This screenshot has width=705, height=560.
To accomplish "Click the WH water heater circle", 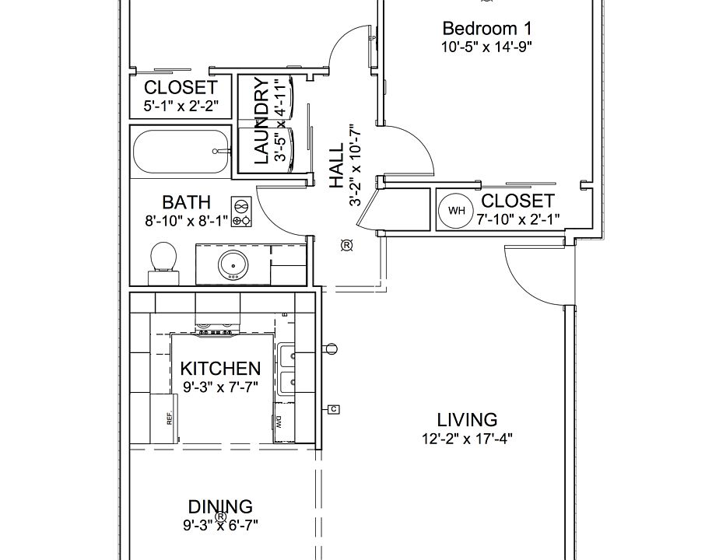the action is click(456, 210).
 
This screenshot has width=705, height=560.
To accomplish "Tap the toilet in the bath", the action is click(163, 264).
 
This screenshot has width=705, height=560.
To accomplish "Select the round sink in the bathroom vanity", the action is click(233, 265).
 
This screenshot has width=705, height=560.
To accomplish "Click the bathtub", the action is click(181, 152).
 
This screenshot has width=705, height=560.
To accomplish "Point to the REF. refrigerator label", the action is click(170, 418).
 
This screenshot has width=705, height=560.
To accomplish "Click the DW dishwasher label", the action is click(279, 422).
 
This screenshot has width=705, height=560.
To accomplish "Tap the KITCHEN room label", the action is click(220, 369).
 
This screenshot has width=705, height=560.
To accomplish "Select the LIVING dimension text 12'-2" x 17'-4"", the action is click(467, 438).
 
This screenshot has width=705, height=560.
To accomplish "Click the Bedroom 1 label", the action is click(487, 28).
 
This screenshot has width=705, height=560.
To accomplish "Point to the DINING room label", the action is click(220, 507).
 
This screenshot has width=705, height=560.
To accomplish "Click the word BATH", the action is click(186, 202).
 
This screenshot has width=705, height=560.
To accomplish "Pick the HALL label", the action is click(336, 166).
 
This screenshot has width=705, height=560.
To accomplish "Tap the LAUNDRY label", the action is click(261, 121).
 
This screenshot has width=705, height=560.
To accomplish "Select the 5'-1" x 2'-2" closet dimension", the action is click(181, 106).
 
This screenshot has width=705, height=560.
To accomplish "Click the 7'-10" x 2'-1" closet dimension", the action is click(518, 219).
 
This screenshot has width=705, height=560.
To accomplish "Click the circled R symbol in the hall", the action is click(346, 246).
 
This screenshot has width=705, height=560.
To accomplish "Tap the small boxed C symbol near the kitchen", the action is click(334, 409).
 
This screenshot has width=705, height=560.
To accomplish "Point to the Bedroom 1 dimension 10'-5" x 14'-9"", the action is click(487, 47).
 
